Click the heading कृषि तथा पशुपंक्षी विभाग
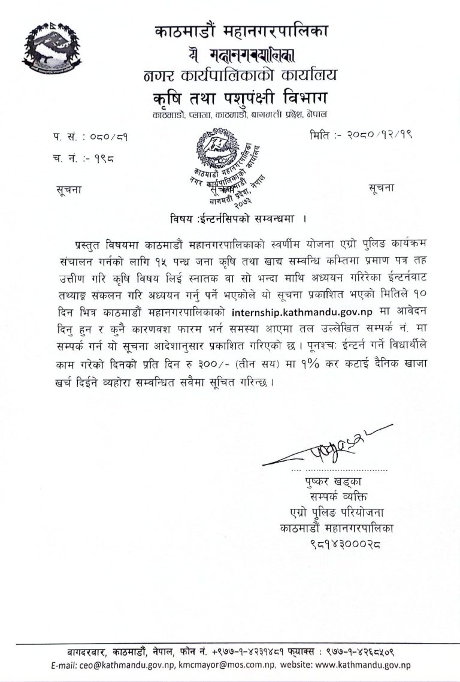[241, 96]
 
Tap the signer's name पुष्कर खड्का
[333, 481]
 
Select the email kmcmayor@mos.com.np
[225, 665]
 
